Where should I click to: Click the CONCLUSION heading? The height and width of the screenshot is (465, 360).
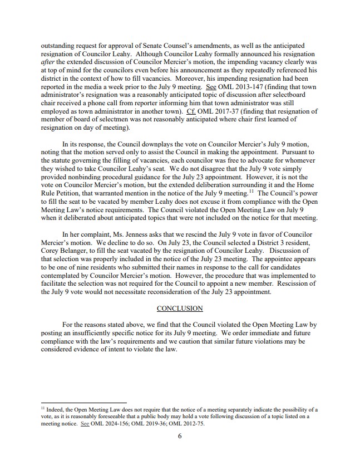coord(180,308)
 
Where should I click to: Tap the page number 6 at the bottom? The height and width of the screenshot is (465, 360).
coord(180,436)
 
